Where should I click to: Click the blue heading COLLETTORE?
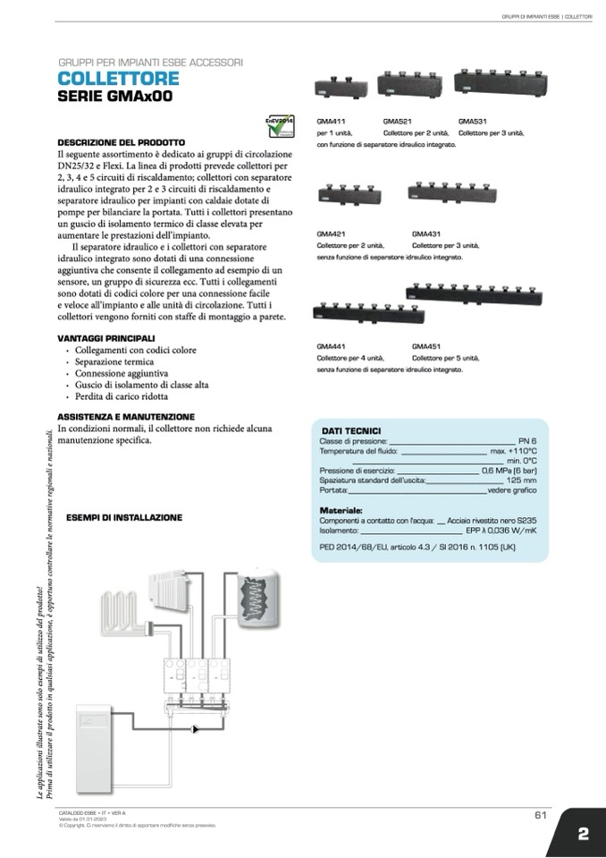pos(118,79)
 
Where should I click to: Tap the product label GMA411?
pos(330,120)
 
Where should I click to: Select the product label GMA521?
pos(397,120)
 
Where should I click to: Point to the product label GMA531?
pos(472,120)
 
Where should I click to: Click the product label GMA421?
pos(330,233)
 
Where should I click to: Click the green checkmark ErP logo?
pos(280,127)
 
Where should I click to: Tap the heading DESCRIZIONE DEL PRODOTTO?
pos(121,142)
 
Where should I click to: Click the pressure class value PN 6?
pos(527,441)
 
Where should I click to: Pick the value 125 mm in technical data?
pos(521,480)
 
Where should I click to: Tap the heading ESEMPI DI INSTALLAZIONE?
pos(124,517)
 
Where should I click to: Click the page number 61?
pos(540,815)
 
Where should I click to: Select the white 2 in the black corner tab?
pos(583,834)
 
